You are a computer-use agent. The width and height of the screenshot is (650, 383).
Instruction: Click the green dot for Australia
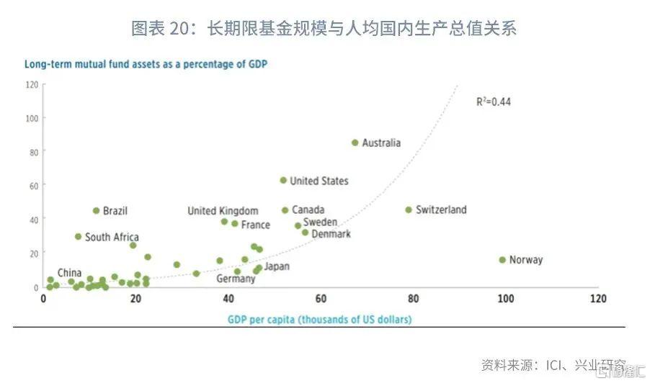[355, 143]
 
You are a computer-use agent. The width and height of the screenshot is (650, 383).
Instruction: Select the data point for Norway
[502, 260]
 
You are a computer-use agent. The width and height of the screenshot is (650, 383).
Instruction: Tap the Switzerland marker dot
[409, 210]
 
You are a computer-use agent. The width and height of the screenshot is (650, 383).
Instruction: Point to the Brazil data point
[96, 211]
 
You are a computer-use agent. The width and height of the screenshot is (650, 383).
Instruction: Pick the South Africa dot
[78, 237]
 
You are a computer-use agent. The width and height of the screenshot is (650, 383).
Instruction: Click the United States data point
[283, 181]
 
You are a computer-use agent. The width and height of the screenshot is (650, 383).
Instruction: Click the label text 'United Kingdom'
[223, 211]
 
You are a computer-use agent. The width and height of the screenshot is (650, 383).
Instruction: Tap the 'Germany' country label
[236, 279]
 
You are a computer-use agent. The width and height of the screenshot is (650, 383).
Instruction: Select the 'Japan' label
[277, 266]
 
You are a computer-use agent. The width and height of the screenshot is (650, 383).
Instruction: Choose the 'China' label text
[69, 273]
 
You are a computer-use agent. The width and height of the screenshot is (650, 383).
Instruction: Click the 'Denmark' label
[331, 234]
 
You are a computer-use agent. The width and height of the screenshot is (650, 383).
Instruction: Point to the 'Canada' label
[308, 210]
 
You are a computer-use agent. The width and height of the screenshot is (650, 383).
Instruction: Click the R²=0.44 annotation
[493, 102]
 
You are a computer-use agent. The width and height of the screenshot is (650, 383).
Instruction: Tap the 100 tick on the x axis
[504, 298]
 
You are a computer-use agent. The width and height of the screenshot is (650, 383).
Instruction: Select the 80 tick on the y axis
[32, 152]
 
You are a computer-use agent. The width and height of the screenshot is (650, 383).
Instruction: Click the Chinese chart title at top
[324, 29]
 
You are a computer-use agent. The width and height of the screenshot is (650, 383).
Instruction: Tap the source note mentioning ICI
[553, 364]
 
